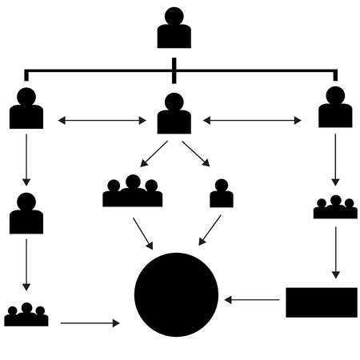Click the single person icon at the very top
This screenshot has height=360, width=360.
click(174, 29)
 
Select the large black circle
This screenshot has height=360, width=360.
click(176, 294)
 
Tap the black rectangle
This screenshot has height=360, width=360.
click(322, 302)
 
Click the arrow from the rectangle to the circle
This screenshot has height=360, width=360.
click(252, 301)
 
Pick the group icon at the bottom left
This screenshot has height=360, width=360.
click(26, 315)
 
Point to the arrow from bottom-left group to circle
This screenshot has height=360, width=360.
click(90, 323)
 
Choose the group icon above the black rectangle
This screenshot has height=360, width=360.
click(335, 207)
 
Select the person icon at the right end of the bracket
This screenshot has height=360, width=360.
click(335, 108)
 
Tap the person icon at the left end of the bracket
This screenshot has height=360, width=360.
click(26, 109)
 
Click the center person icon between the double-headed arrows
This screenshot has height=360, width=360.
click(174, 114)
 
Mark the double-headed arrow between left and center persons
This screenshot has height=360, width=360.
click(102, 121)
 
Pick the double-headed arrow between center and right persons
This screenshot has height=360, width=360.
click(252, 121)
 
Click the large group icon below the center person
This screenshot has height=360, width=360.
click(133, 192)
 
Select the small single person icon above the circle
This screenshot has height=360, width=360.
click(222, 194)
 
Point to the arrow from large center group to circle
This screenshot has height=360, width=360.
click(142, 233)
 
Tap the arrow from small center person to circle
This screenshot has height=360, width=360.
click(210, 230)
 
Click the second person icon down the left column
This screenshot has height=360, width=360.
click(26, 214)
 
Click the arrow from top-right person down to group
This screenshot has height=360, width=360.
click(335, 158)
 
